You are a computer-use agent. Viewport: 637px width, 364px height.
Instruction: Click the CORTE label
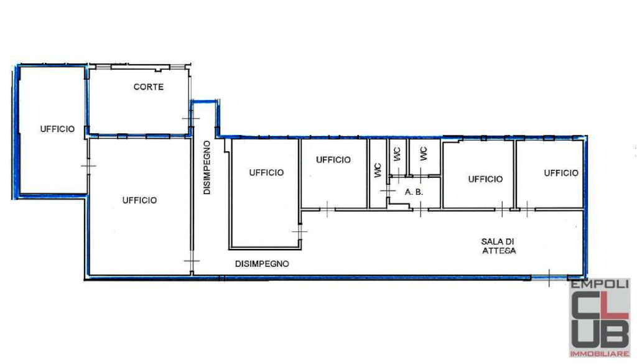(x=149, y=87)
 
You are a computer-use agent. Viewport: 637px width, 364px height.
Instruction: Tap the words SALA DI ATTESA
(x=498, y=246)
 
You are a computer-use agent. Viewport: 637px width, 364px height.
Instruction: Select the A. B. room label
(x=414, y=192)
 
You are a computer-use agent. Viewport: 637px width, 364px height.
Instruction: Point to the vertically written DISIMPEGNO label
(x=207, y=168)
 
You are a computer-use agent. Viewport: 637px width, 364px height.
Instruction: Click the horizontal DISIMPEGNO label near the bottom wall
(x=262, y=264)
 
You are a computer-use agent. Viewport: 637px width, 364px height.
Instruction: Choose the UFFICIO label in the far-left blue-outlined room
(x=57, y=129)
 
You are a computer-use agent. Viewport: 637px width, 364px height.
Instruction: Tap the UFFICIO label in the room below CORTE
(x=139, y=200)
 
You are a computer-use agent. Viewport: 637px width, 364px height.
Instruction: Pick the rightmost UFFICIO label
(x=561, y=173)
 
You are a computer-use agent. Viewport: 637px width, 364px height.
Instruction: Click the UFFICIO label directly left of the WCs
(x=333, y=160)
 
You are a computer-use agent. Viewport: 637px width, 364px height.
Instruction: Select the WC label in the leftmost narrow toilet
(x=378, y=170)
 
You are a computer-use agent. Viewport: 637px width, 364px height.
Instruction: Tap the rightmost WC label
(x=423, y=154)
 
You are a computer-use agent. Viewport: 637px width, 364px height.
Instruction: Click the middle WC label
(x=397, y=154)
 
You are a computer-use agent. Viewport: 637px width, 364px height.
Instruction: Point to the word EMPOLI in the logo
(x=599, y=284)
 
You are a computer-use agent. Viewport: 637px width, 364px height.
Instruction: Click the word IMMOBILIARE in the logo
(x=599, y=354)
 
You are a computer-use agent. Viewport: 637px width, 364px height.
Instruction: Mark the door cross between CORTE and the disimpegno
(x=191, y=119)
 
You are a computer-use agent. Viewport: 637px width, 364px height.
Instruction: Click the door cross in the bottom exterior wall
(x=549, y=278)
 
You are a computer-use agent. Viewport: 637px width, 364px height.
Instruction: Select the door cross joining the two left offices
(x=88, y=166)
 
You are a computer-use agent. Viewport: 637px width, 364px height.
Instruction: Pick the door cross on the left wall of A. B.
(x=388, y=190)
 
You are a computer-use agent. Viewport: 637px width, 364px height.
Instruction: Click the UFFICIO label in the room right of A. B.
(x=485, y=179)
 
